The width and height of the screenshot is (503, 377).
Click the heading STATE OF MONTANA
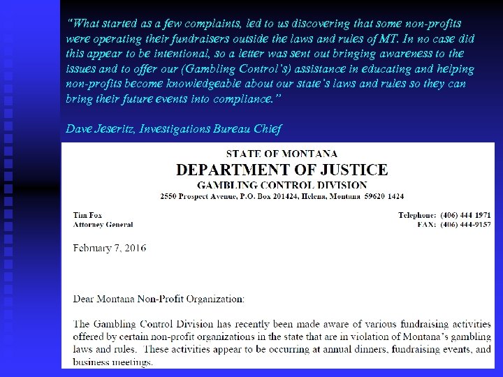coord(282,154)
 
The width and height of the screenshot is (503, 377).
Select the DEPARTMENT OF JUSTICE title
coord(282,170)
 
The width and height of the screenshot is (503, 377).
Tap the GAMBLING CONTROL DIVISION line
coord(282,185)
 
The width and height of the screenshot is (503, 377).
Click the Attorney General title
coord(103,225)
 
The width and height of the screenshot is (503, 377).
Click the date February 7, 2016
coord(110,248)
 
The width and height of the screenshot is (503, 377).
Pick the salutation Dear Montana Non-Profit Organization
coord(159,300)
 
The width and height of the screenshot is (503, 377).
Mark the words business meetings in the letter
coord(113,362)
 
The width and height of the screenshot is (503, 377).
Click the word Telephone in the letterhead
coord(417,216)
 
